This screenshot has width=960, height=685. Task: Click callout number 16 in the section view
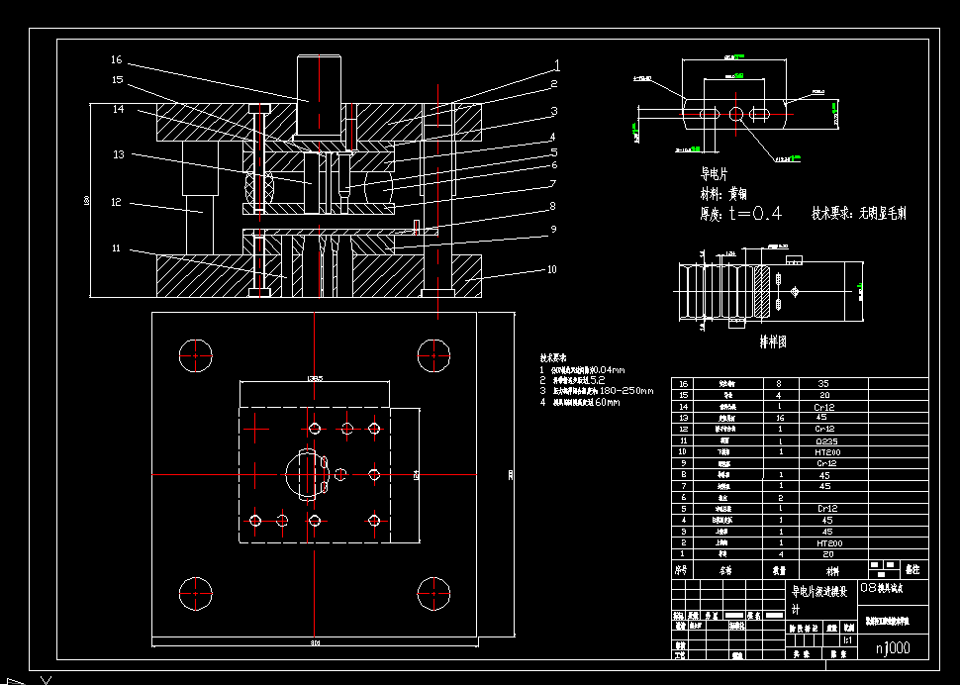pyautogui.click(x=116, y=60)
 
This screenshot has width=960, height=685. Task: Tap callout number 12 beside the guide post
pyautogui.click(x=116, y=203)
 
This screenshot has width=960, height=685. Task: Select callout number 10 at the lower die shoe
pyautogui.click(x=551, y=269)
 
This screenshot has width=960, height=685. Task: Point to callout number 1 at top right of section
pyautogui.click(x=557, y=65)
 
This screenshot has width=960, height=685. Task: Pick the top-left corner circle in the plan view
pyautogui.click(x=195, y=352)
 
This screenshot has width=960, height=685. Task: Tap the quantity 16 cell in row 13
pyautogui.click(x=780, y=418)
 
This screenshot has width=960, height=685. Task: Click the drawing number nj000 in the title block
pyautogui.click(x=894, y=648)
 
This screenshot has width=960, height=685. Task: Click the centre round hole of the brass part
pyautogui.click(x=735, y=115)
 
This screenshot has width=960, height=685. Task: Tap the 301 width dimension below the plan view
pyautogui.click(x=316, y=643)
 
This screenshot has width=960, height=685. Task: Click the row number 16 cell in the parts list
pyautogui.click(x=681, y=383)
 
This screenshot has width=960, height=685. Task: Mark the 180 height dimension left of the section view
pyautogui.click(x=87, y=201)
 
